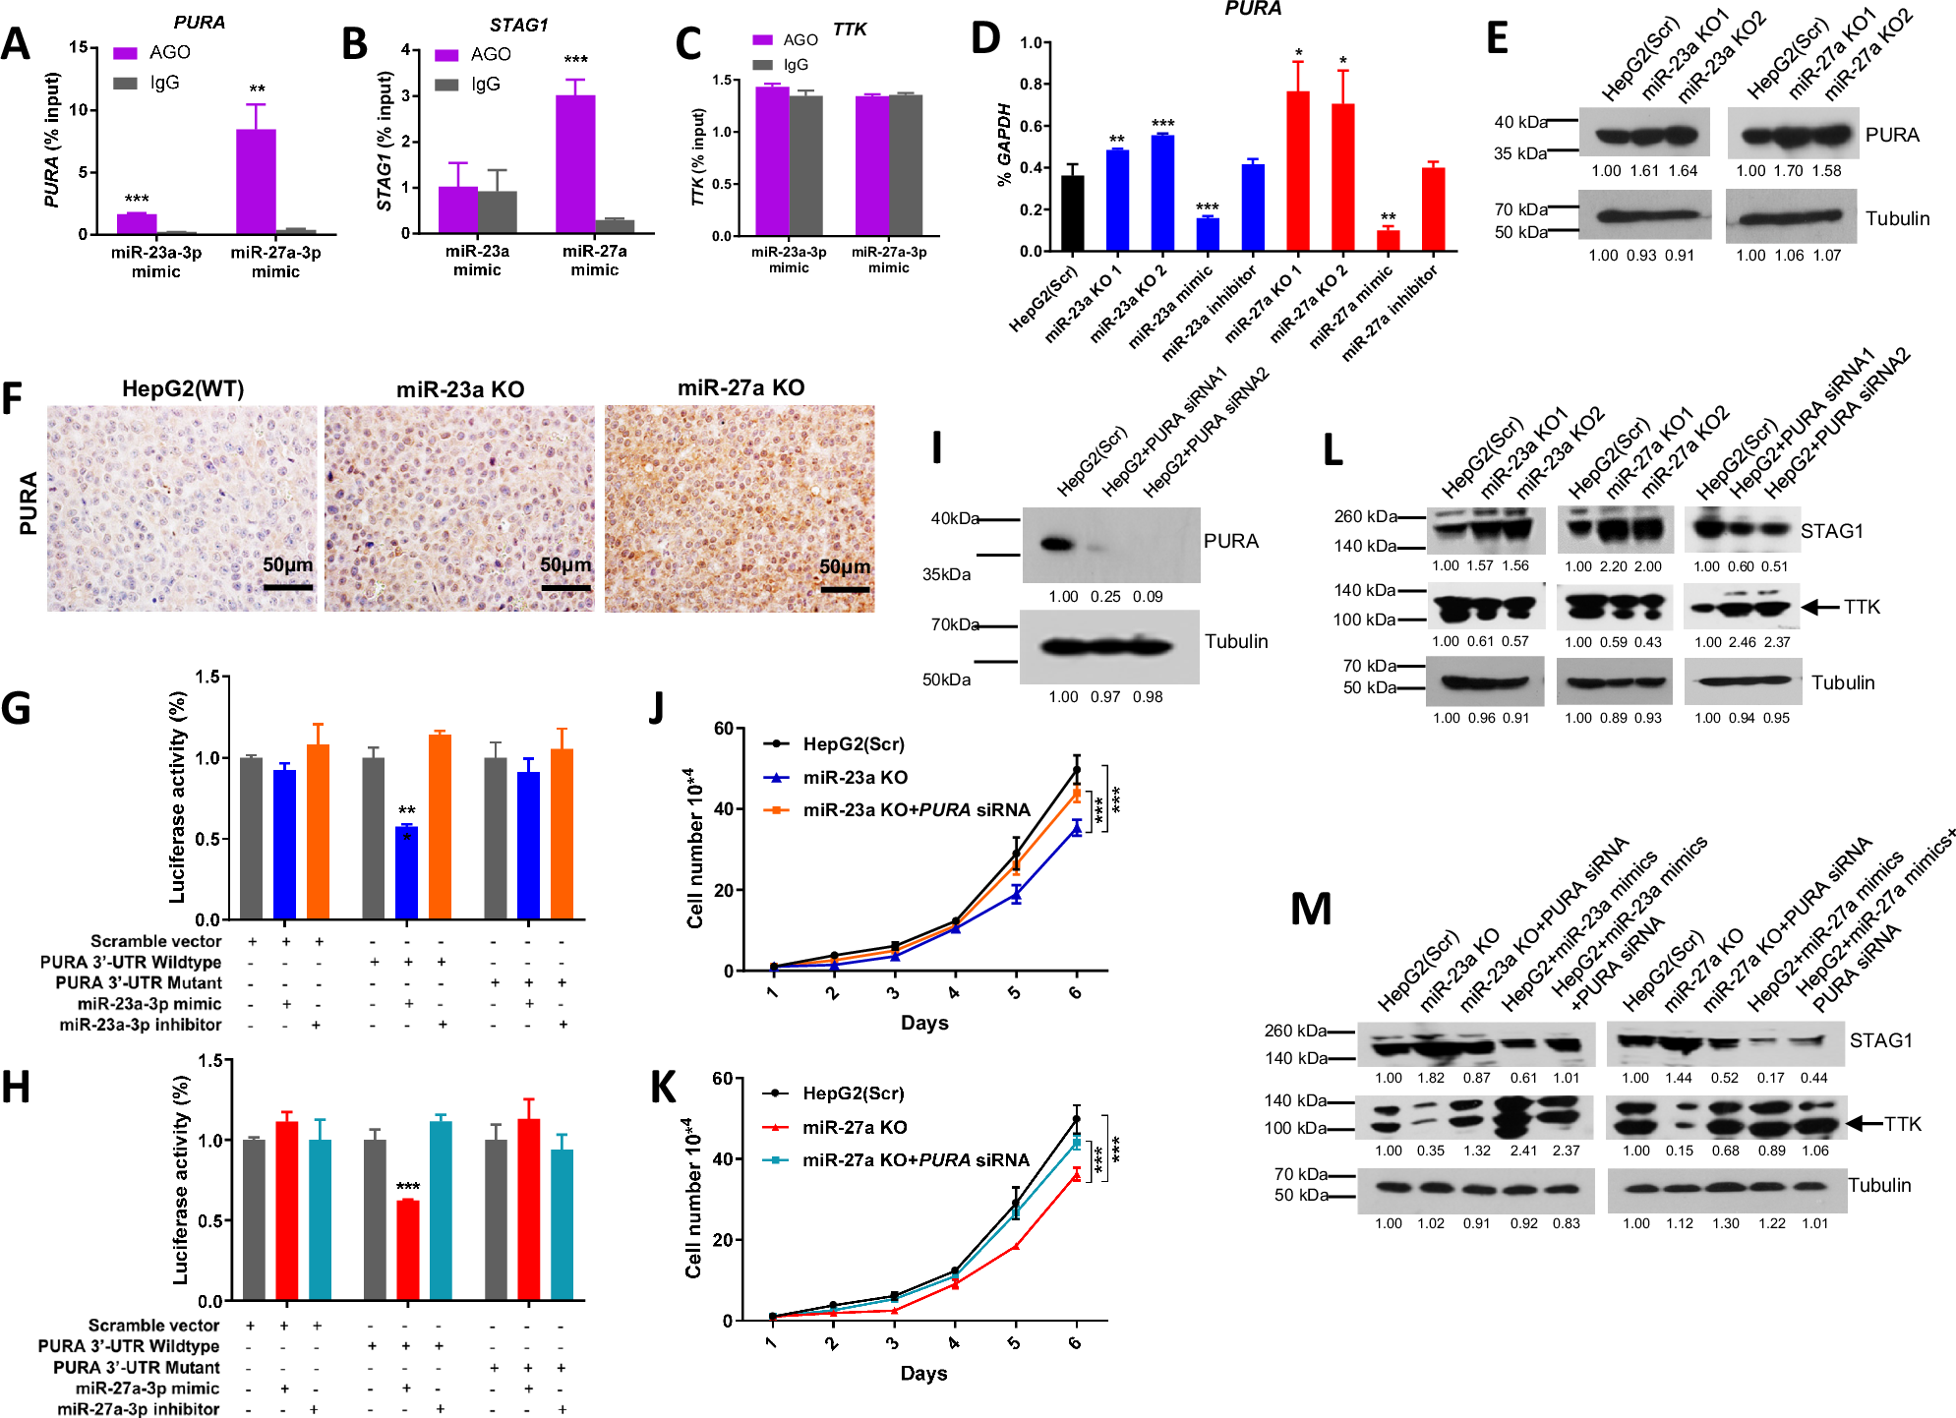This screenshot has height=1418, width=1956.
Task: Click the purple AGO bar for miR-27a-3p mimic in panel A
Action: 256,182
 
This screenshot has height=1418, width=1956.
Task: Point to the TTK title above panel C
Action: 849,30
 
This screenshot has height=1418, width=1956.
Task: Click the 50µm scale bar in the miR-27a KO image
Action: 845,589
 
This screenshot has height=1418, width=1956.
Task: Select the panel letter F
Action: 13,399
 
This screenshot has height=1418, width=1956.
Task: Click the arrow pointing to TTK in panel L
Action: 1820,608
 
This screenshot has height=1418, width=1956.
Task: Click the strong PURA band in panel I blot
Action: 1055,544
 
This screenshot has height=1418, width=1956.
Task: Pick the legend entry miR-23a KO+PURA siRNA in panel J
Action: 915,810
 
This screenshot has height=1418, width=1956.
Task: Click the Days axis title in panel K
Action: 923,1373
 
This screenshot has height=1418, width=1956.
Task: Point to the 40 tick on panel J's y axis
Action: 724,809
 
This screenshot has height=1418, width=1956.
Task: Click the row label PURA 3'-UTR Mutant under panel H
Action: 137,1368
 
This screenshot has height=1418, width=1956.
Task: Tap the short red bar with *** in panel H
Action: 407,1251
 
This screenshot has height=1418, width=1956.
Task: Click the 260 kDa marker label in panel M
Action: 1294,1032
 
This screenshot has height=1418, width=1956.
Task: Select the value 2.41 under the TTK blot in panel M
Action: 1523,1151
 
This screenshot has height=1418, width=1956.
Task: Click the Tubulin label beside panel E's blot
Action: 1897,219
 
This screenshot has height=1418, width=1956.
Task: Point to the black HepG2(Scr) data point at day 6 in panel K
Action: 1076,1120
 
